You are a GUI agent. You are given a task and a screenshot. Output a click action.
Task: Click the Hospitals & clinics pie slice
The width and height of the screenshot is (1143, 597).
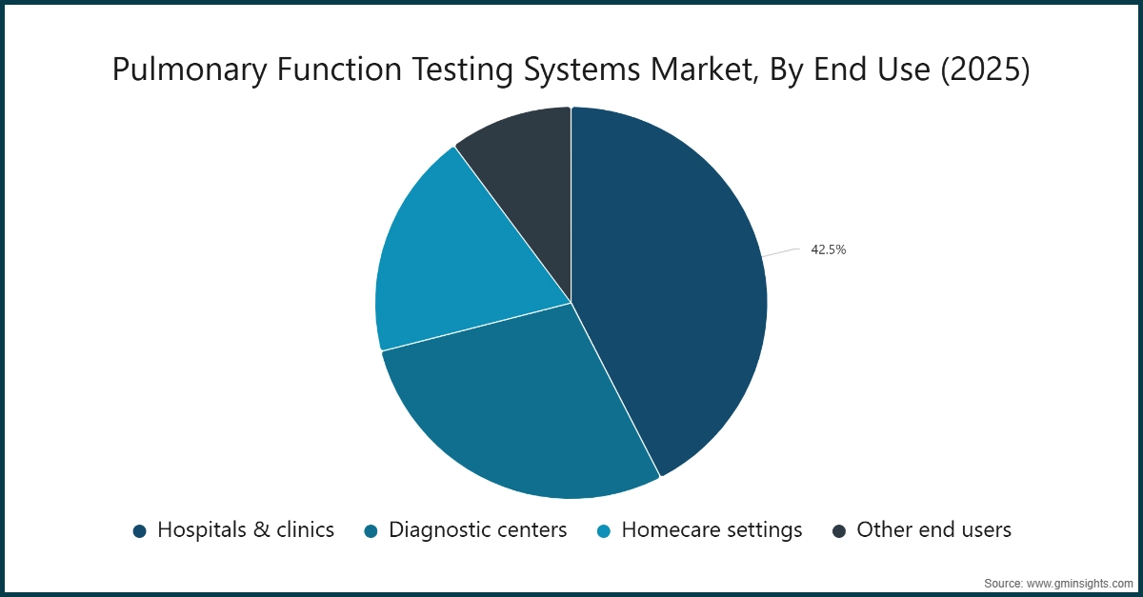point(667,286)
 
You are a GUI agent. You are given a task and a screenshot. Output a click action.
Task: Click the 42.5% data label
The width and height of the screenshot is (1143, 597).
point(828,250)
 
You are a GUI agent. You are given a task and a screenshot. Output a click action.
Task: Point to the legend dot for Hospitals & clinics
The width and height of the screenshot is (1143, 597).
point(140,531)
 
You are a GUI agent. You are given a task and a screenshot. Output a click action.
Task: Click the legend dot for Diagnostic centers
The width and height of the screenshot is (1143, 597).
point(371,531)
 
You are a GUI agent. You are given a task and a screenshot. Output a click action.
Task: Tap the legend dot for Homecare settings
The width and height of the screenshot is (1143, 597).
point(604,531)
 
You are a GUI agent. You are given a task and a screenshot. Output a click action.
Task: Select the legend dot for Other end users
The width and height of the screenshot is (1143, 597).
point(839,531)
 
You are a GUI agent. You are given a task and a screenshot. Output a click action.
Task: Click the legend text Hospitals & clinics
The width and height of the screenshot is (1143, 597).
point(246,530)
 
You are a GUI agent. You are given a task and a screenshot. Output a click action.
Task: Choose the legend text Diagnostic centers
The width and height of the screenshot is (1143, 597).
point(477,530)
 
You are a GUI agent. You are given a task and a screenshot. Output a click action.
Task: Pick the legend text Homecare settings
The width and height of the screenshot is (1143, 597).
point(712,530)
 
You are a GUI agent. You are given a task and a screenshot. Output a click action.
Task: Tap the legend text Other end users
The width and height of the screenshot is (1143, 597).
point(933,530)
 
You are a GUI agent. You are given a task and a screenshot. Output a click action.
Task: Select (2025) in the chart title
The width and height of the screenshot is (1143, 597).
point(985,70)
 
